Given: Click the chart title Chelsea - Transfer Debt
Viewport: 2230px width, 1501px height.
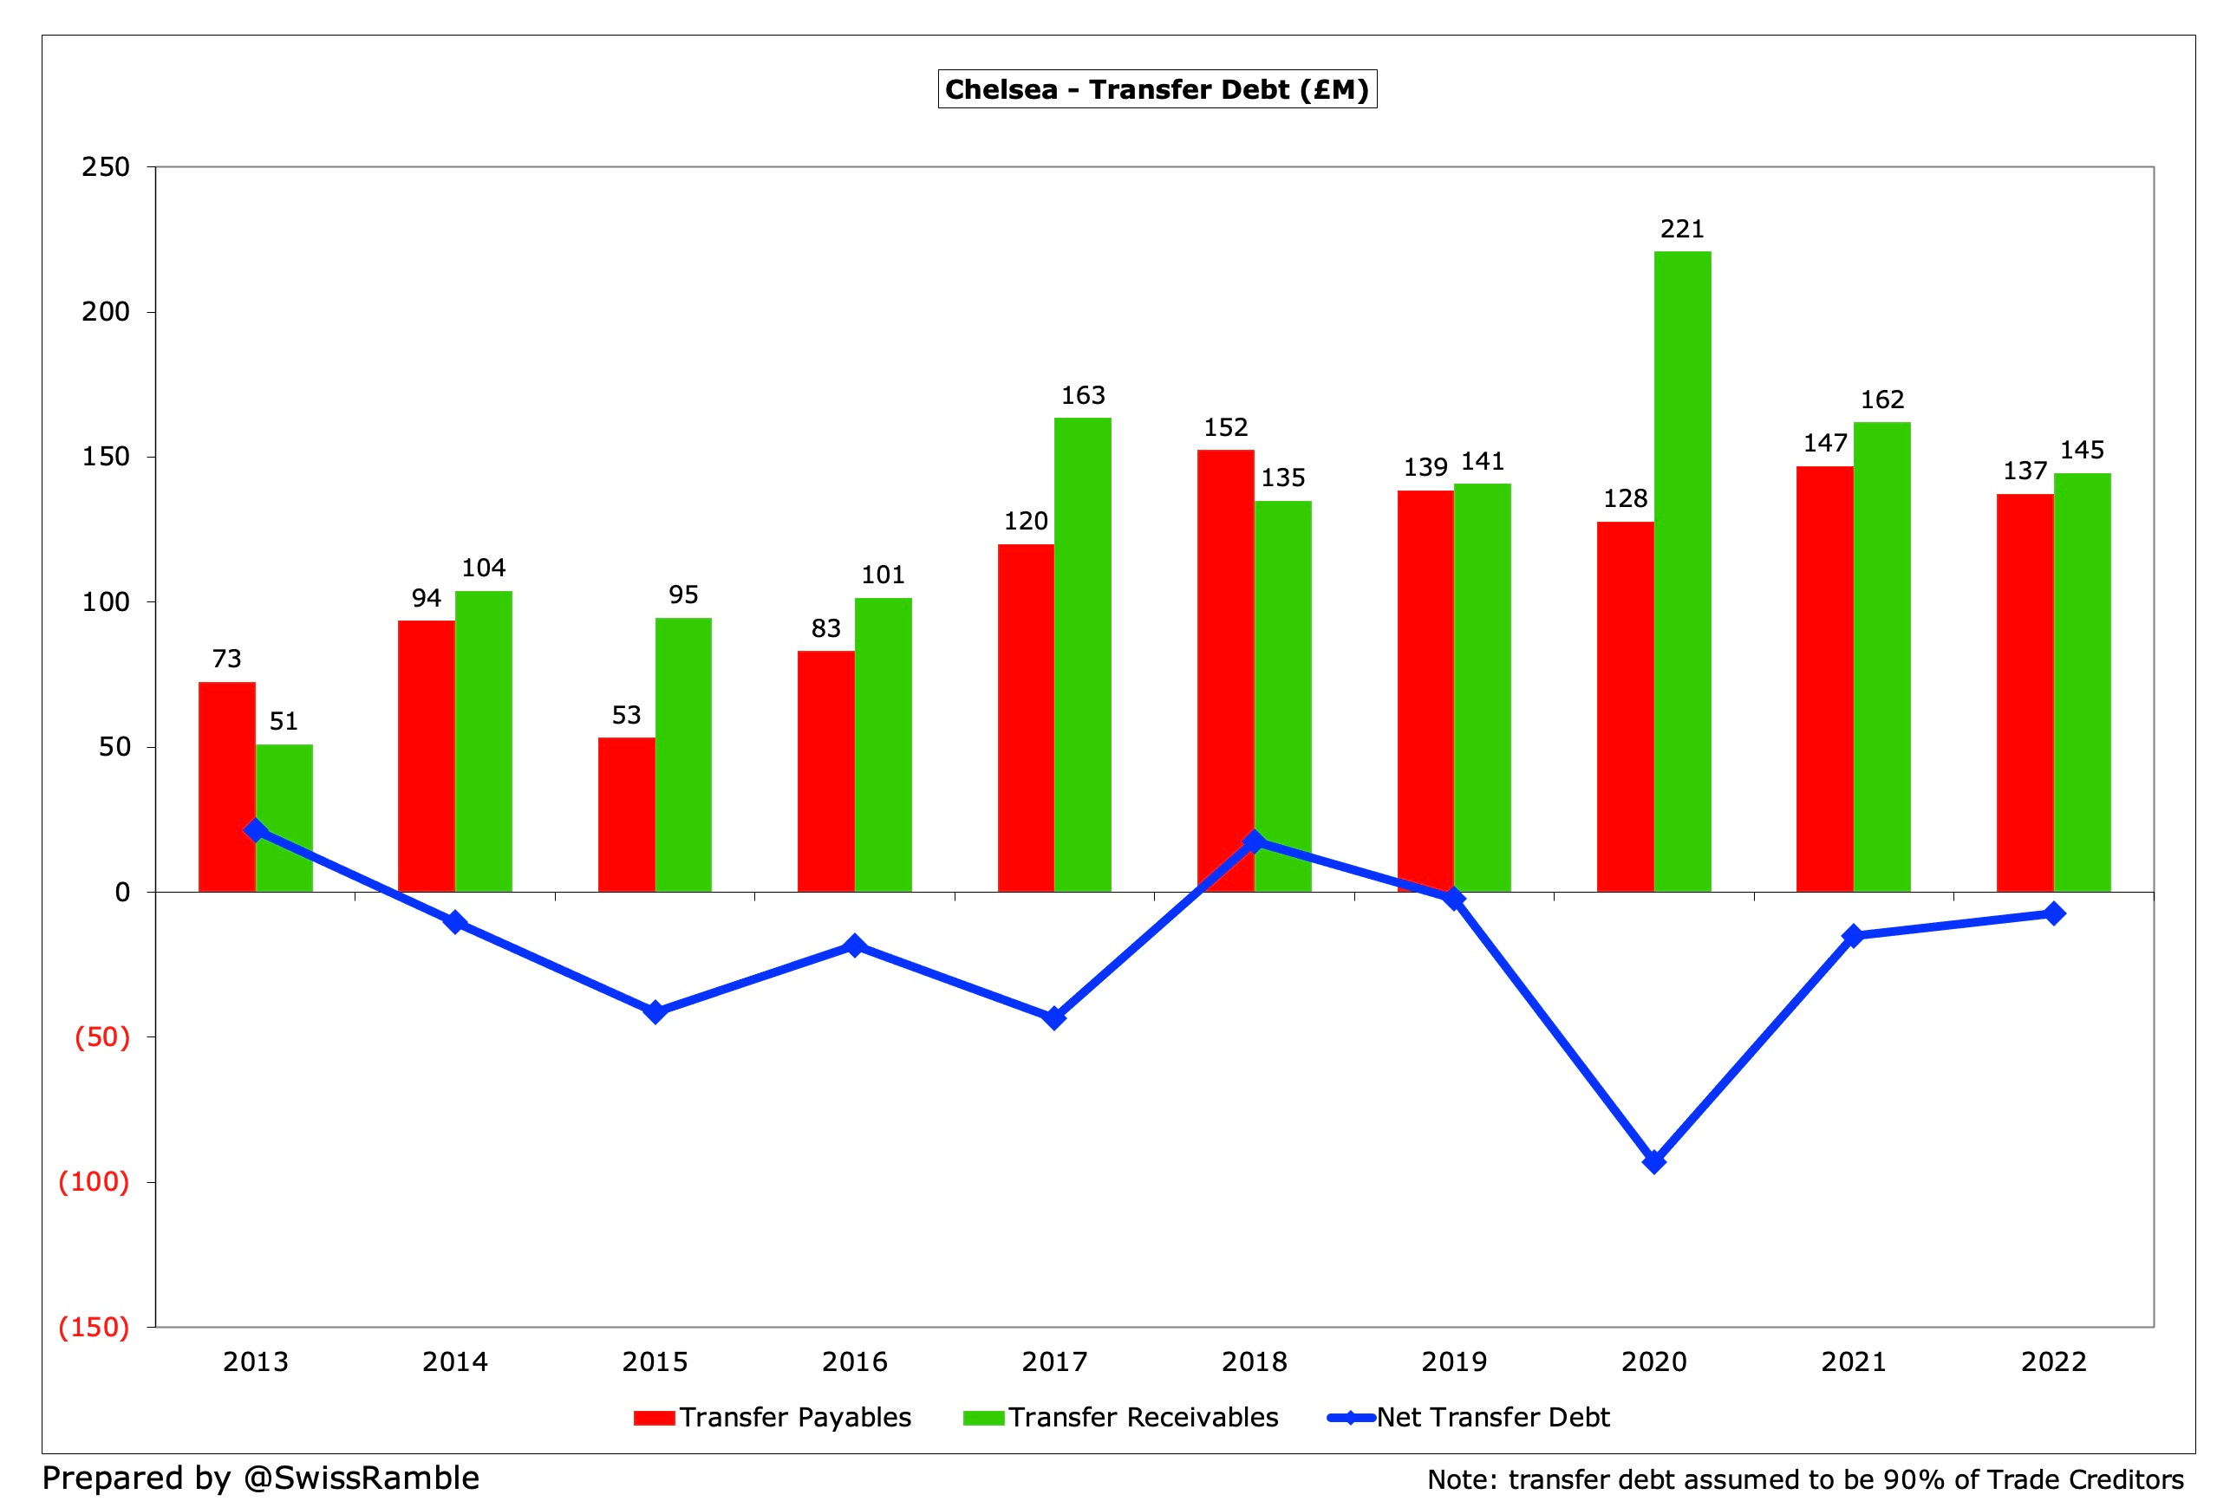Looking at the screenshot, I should click(1157, 89).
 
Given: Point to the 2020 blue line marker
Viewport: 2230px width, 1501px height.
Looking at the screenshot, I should click(1653, 1161).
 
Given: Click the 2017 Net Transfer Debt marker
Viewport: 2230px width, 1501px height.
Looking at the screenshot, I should click(1053, 1017).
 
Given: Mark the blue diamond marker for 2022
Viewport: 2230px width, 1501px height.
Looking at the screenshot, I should click(2053, 913).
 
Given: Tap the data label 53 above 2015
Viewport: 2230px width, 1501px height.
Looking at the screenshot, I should click(625, 715).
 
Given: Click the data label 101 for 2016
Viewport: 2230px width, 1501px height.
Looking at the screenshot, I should click(882, 575).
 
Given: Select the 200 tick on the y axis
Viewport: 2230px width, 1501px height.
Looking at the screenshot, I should click(105, 312).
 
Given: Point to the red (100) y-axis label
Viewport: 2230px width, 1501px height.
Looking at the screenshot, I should click(94, 1181).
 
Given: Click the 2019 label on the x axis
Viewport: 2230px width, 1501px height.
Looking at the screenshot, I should click(1453, 1361).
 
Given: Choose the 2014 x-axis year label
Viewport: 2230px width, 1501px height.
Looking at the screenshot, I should click(455, 1361).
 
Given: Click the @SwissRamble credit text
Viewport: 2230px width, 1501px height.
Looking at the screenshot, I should click(361, 1477).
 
